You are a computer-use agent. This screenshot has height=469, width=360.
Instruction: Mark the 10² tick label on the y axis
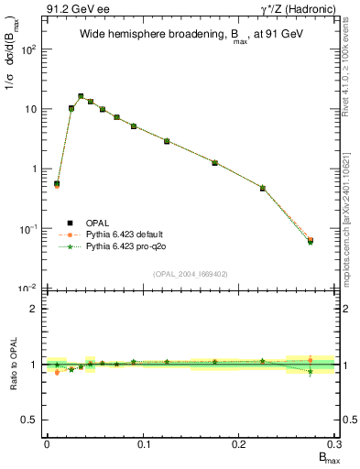(x=28, y=49)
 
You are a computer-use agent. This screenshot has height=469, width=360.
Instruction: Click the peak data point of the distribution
(x=81, y=96)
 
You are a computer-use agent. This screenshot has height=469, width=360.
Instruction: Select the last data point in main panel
(x=311, y=241)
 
